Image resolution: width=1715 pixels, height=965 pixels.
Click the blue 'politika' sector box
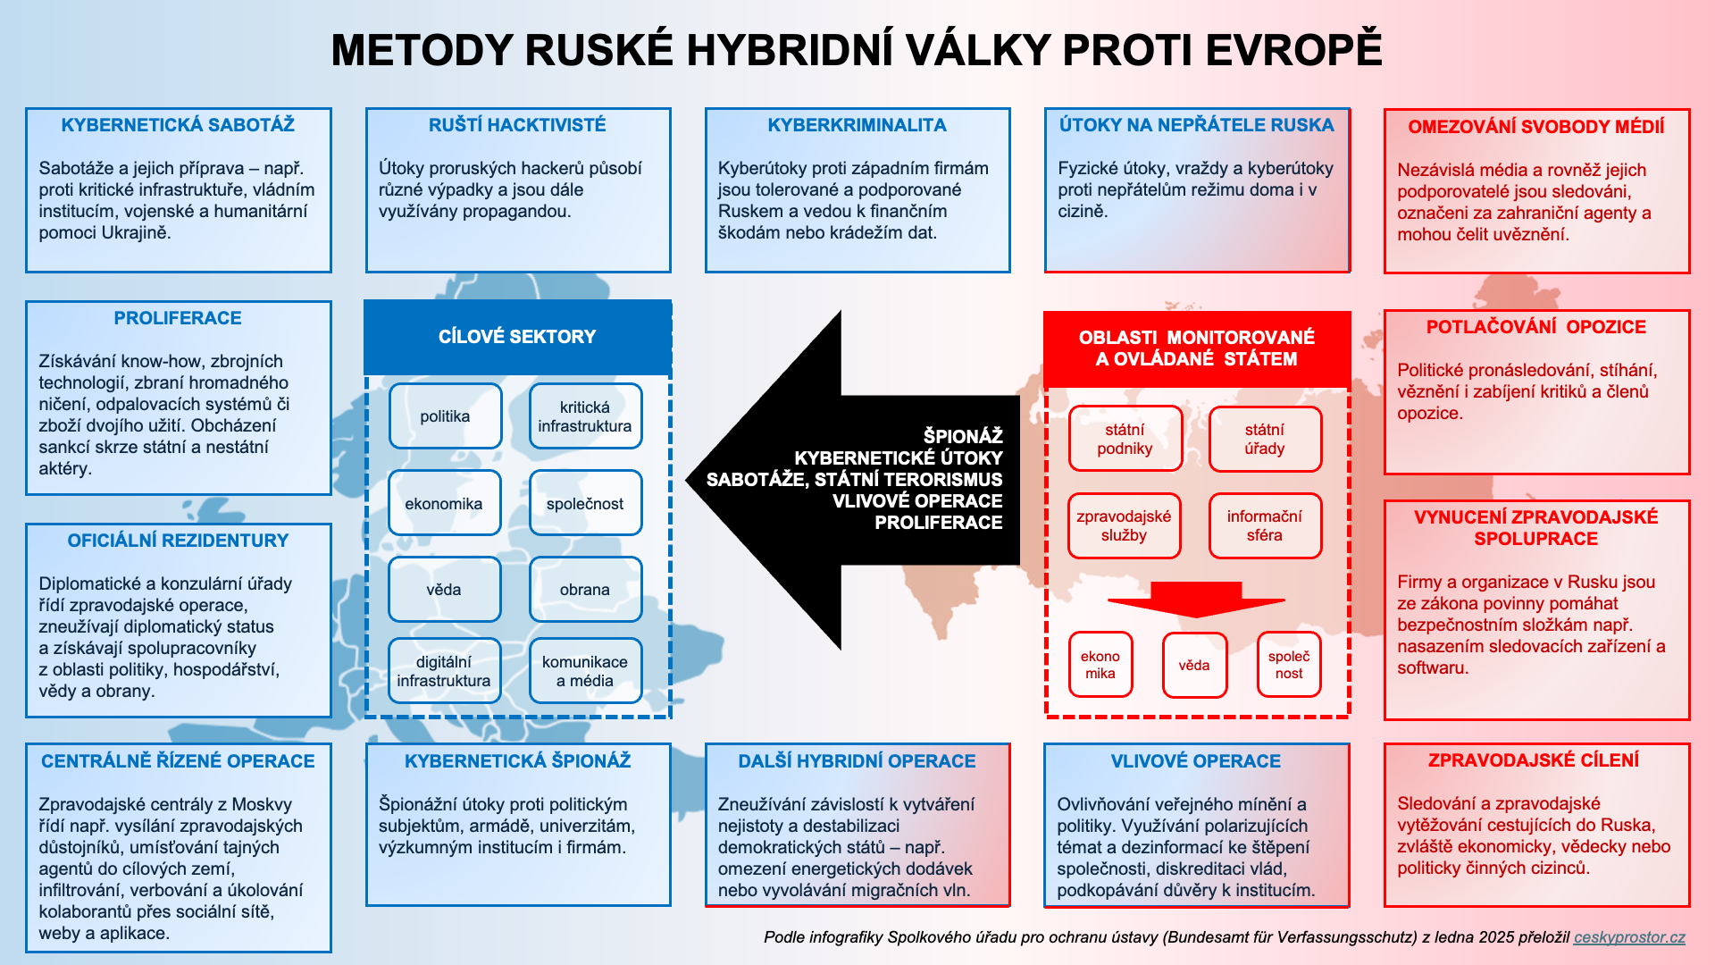445,416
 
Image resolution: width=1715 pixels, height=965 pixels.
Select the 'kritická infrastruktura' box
585,416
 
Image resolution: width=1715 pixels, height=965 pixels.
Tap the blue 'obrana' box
585,590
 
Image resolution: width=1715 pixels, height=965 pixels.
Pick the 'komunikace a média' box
585,671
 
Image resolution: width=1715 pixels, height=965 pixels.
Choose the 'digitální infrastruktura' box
444,671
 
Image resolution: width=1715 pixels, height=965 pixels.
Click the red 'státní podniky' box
1125,439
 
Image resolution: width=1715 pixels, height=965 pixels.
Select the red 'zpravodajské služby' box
1125,525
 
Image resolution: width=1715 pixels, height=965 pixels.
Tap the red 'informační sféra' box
1265,525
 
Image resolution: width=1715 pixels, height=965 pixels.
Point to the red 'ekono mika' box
1100,665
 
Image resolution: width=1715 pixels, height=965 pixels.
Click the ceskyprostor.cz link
1629,937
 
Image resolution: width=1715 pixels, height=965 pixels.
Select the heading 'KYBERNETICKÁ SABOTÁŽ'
178,125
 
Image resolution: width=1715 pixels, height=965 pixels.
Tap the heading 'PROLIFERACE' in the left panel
178,318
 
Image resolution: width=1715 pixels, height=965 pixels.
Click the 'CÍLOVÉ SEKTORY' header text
517,337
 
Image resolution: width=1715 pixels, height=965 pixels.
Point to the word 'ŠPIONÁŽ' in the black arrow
963,436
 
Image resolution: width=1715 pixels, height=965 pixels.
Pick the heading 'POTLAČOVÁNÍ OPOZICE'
1536,327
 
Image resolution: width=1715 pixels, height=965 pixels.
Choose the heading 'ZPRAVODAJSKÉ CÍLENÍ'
1534,760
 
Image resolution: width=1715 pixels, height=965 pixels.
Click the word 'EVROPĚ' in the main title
1293,50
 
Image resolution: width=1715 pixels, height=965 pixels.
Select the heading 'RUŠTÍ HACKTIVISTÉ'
517,125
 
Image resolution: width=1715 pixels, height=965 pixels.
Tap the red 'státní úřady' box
1265,439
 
